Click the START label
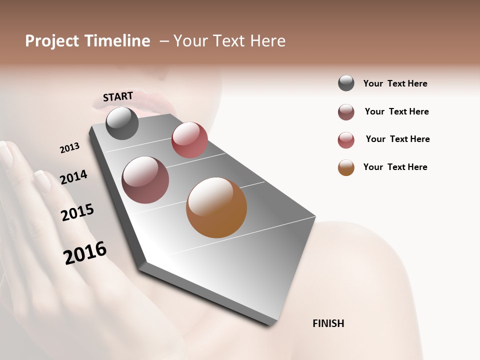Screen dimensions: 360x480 (x=118, y=96)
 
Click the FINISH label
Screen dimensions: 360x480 (x=328, y=323)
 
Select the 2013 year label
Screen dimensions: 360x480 (x=69, y=148)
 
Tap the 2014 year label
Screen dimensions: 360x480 (x=73, y=177)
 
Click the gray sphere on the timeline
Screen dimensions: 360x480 (x=122, y=123)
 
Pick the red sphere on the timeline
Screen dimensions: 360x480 (x=189, y=139)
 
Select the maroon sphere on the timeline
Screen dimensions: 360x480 (x=145, y=180)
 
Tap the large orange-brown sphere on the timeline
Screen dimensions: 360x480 (x=216, y=207)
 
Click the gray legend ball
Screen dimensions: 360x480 (x=346, y=83)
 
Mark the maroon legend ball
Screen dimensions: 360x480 (x=346, y=112)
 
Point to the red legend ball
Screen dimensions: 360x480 (x=346, y=140)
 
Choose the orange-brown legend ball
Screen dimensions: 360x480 (x=346, y=167)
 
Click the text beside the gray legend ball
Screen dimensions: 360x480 (x=395, y=84)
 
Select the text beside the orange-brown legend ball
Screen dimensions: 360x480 (x=395, y=167)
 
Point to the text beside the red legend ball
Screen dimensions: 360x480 (x=397, y=139)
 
